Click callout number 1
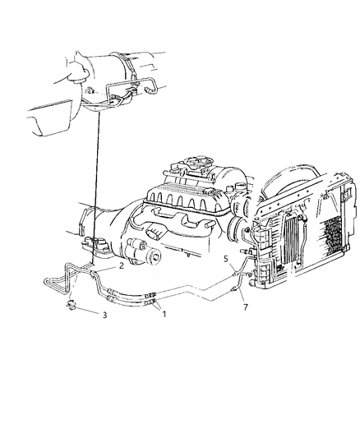click(x=163, y=313)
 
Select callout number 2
click(x=122, y=266)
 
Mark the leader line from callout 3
click(x=90, y=311)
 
